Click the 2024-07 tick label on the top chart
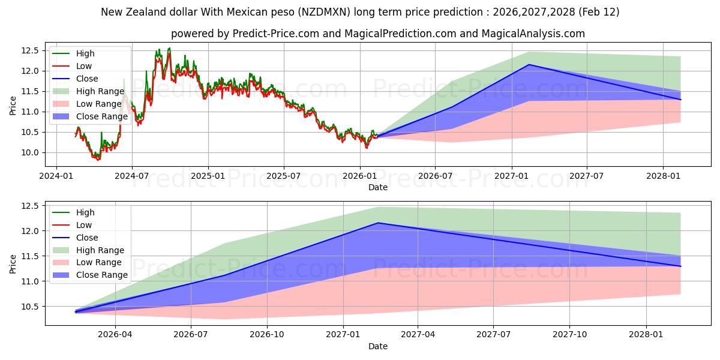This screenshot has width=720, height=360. coord(132,176)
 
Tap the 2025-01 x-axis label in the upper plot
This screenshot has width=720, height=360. coord(208,176)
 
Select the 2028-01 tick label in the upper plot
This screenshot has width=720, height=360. coord(663,176)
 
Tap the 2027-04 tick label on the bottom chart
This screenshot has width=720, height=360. coord(418,334)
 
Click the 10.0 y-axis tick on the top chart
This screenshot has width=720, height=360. coord(31,152)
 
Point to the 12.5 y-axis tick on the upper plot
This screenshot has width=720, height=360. coord(31,50)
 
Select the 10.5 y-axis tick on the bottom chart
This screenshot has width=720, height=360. coord(31,307)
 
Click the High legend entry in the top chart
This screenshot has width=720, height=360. coord(85,54)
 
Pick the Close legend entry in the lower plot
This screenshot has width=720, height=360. coord(87,238)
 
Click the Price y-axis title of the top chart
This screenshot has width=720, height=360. coord(13,105)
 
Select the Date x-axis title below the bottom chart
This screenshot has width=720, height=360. coord(378,346)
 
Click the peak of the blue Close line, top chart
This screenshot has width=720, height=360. coord(529,64)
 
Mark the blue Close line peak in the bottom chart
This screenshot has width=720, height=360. coord(377,223)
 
